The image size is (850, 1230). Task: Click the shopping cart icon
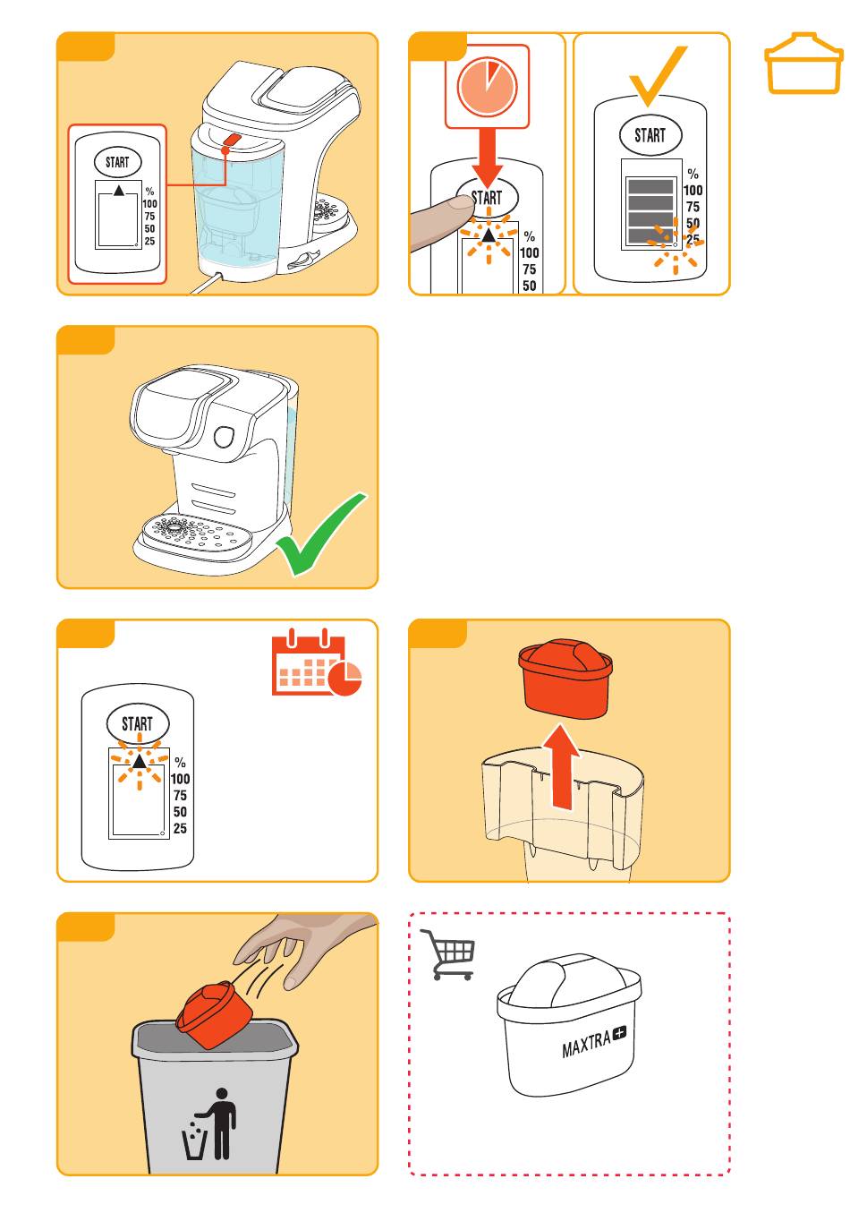(446, 953)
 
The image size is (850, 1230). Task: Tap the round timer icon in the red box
(487, 88)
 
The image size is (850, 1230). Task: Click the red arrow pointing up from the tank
(561, 766)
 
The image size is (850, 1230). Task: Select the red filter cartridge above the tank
(565, 679)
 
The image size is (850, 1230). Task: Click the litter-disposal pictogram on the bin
(208, 1123)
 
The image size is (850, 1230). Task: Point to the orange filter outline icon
(803, 64)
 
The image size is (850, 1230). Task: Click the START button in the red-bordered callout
(117, 162)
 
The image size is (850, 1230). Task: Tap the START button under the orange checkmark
(650, 134)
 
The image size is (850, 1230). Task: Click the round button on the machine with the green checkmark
(224, 437)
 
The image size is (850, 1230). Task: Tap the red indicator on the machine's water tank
(232, 140)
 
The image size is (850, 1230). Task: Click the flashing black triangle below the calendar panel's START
(140, 761)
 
